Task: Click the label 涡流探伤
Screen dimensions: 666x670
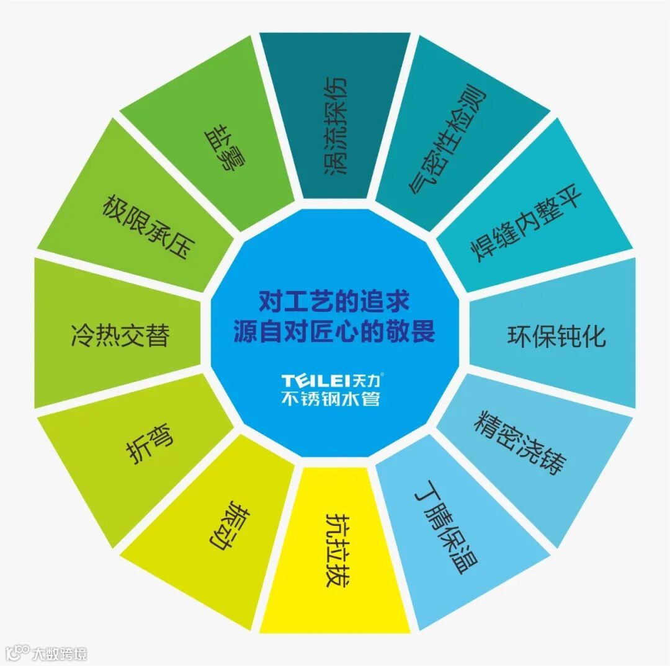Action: (336, 127)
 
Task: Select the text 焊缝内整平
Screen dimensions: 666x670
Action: (527, 226)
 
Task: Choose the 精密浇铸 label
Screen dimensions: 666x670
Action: (520, 441)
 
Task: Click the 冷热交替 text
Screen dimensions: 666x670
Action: (120, 335)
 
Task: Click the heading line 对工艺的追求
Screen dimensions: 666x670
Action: (334, 302)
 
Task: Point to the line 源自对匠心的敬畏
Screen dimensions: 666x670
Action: (334, 332)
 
